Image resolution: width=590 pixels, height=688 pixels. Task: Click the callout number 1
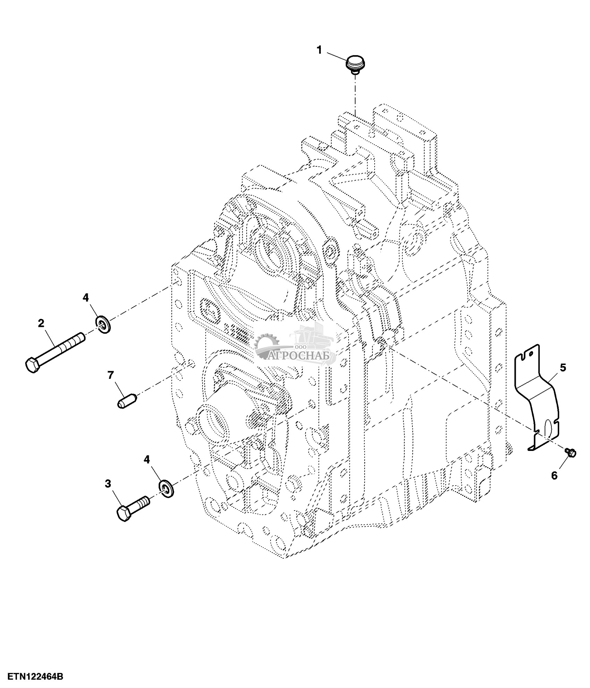click(319, 51)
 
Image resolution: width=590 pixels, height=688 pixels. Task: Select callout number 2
click(41, 323)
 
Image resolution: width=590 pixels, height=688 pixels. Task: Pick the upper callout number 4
click(85, 297)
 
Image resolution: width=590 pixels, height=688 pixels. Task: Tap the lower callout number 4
click(147, 460)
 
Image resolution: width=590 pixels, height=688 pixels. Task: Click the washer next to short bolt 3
click(166, 488)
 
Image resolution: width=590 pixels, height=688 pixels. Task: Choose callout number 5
click(563, 367)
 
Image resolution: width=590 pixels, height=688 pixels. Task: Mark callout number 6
click(554, 476)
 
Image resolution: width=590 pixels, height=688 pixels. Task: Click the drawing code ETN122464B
click(32, 676)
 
